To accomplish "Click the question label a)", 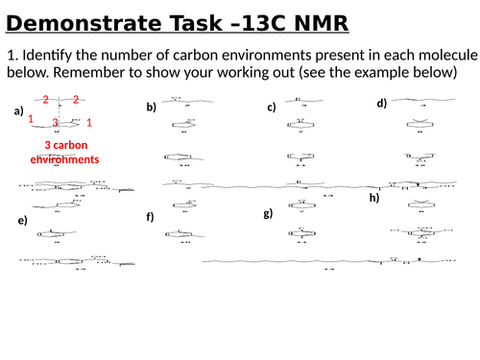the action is coord(18,111).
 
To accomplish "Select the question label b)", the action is coord(151,108).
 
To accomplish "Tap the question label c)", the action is coord(272,108).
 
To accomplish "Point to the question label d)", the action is coord(381,103).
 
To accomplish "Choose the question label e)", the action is coord(23,221).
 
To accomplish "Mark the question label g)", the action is coord(268,213).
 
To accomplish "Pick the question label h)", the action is coord(374,198).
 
